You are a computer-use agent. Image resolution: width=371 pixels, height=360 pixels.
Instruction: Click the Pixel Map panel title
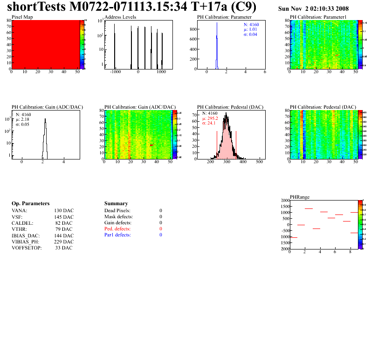[x=22, y=17]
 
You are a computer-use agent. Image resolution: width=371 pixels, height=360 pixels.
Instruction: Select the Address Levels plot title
[x=120, y=17]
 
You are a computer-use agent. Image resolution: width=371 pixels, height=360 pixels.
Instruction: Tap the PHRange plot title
[x=300, y=197]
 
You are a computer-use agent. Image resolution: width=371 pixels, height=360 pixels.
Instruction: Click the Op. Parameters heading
[x=30, y=204]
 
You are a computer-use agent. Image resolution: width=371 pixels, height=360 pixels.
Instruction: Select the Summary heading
[x=116, y=204]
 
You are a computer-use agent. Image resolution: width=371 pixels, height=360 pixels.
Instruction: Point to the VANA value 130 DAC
[x=64, y=211]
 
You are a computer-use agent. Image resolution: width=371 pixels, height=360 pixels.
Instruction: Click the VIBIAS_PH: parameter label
[x=25, y=242]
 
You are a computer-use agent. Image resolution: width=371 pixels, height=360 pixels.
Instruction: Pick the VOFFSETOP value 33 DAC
[x=64, y=248]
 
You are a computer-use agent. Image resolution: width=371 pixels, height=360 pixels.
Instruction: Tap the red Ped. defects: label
[x=118, y=229]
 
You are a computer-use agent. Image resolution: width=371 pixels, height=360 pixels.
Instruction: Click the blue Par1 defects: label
[x=117, y=235]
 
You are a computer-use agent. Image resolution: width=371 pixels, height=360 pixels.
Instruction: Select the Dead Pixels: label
[x=117, y=211]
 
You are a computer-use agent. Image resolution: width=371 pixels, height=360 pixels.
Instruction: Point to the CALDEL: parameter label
[x=21, y=223]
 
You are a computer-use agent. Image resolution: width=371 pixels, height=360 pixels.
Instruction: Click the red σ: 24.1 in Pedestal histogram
[x=211, y=124]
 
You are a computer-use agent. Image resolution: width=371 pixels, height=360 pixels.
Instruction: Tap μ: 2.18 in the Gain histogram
[x=24, y=119]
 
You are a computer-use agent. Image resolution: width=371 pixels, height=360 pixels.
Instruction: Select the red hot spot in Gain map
[x=151, y=145]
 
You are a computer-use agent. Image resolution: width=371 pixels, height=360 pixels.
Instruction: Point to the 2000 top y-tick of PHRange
[x=284, y=201]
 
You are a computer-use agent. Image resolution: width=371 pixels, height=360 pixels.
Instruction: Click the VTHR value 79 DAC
[x=64, y=229]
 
